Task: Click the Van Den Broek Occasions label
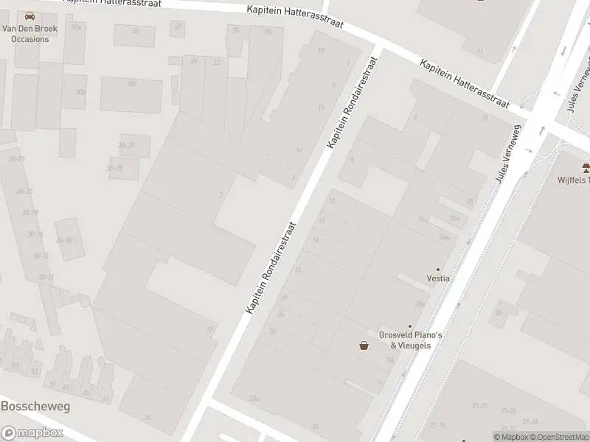[26, 33]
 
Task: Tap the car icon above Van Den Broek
[29, 16]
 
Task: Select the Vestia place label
[438, 278]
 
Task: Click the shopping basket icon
[364, 345]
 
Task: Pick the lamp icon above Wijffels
[586, 166]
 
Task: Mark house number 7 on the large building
[221, 194]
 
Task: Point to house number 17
[210, 329]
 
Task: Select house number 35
[147, 417]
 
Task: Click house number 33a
[254, 399]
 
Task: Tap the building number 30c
[131, 84]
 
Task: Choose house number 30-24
[127, 145]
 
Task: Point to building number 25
[499, 313]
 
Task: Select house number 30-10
[65, 239]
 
